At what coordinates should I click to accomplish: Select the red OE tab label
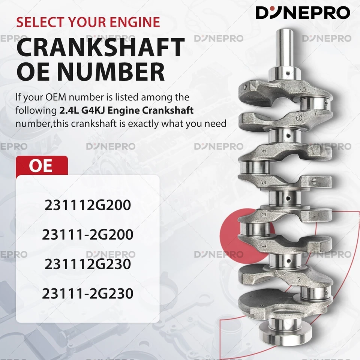[x=41, y=166]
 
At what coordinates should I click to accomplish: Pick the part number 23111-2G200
[x=87, y=235]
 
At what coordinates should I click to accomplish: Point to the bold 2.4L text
[x=67, y=111]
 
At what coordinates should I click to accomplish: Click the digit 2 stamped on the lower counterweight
[x=299, y=279]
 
